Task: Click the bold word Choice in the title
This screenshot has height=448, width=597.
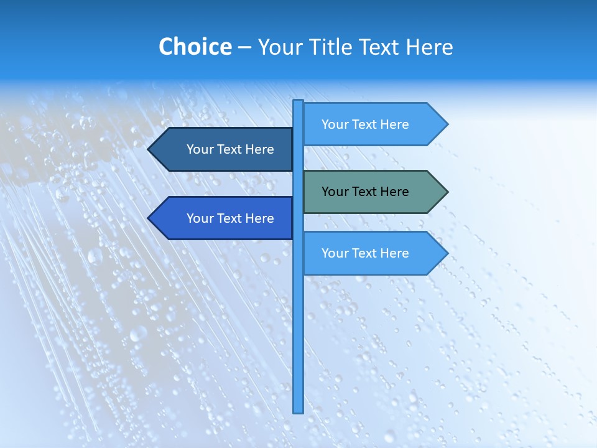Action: (195, 47)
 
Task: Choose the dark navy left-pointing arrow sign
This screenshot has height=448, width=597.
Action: (224, 149)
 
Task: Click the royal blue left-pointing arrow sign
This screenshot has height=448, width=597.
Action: (224, 218)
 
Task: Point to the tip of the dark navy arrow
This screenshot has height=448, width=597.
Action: (149, 149)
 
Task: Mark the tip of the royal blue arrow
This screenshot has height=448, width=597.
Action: (149, 218)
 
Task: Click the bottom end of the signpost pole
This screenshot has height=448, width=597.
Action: (298, 411)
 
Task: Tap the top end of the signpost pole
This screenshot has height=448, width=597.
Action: (298, 101)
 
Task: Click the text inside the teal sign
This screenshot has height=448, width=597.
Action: (365, 192)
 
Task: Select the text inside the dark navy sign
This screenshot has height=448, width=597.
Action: (230, 149)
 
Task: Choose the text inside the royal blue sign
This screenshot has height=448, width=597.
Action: (230, 218)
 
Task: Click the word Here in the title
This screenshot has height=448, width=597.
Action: (429, 47)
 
